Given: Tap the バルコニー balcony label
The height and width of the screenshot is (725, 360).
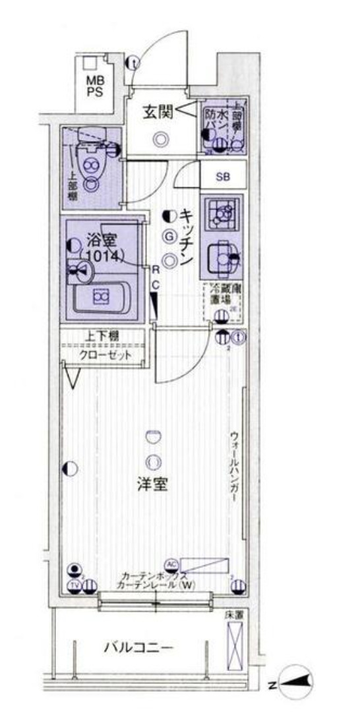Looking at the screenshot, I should tap(138, 647).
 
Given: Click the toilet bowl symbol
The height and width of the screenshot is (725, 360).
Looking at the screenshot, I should tap(90, 161).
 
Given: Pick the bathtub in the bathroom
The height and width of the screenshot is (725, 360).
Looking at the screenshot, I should tap(102, 298).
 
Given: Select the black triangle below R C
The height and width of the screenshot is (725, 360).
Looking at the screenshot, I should tap(154, 304).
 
